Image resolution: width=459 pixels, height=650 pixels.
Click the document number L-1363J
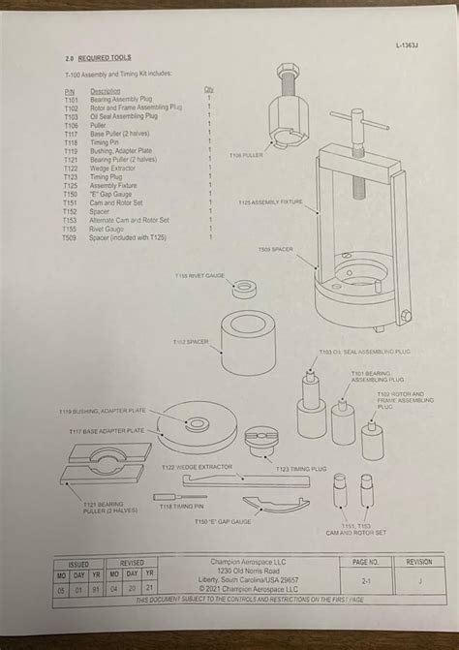click(x=411, y=46)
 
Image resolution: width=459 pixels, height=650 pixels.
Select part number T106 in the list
click(x=70, y=125)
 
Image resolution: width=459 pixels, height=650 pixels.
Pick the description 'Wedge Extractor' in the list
click(x=115, y=168)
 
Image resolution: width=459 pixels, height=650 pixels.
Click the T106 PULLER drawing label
click(x=246, y=155)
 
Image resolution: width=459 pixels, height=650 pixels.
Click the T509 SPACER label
click(x=276, y=250)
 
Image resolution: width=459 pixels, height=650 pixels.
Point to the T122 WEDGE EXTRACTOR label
click(x=198, y=467)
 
